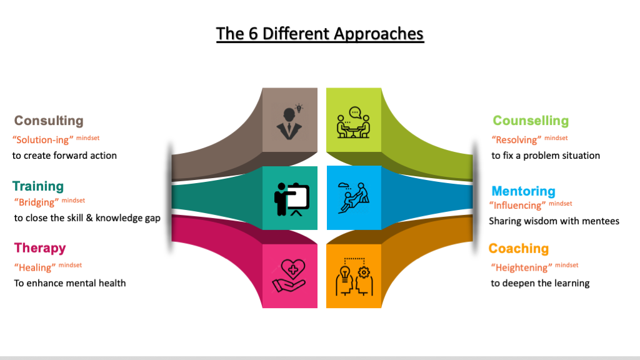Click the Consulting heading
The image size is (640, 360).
[49, 121]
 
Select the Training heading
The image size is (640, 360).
[38, 186]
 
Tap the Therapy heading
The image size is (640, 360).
[40, 248]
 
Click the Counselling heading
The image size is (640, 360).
[531, 121]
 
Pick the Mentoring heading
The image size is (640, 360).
[523, 191]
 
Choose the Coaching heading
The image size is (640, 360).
[519, 249]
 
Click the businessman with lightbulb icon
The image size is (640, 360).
[289, 122]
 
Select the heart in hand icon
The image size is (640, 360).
[289, 276]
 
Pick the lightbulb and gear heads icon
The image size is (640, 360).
[353, 276]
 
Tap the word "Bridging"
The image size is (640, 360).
[36, 202]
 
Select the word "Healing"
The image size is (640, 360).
[35, 267]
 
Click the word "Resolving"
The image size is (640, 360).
[516, 140]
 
